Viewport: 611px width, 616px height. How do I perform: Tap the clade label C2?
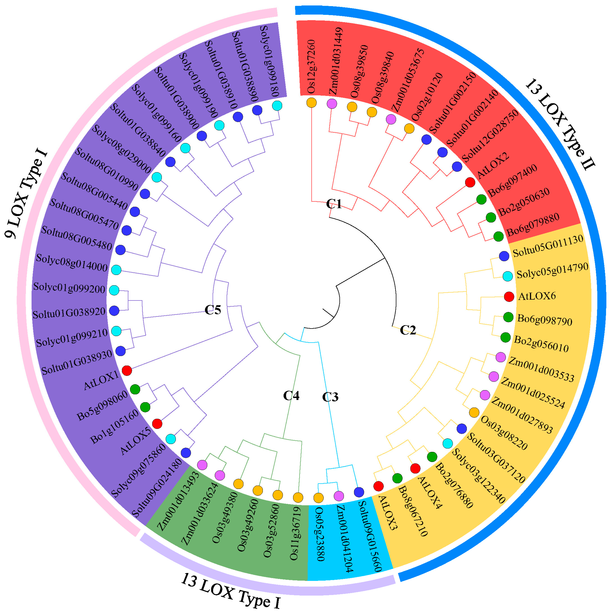click(408, 330)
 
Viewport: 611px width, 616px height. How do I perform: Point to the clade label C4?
click(291, 396)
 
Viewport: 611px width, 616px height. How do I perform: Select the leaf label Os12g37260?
click(311, 67)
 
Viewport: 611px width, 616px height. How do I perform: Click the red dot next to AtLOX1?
click(127, 370)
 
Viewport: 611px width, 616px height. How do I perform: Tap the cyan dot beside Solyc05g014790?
click(507, 276)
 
